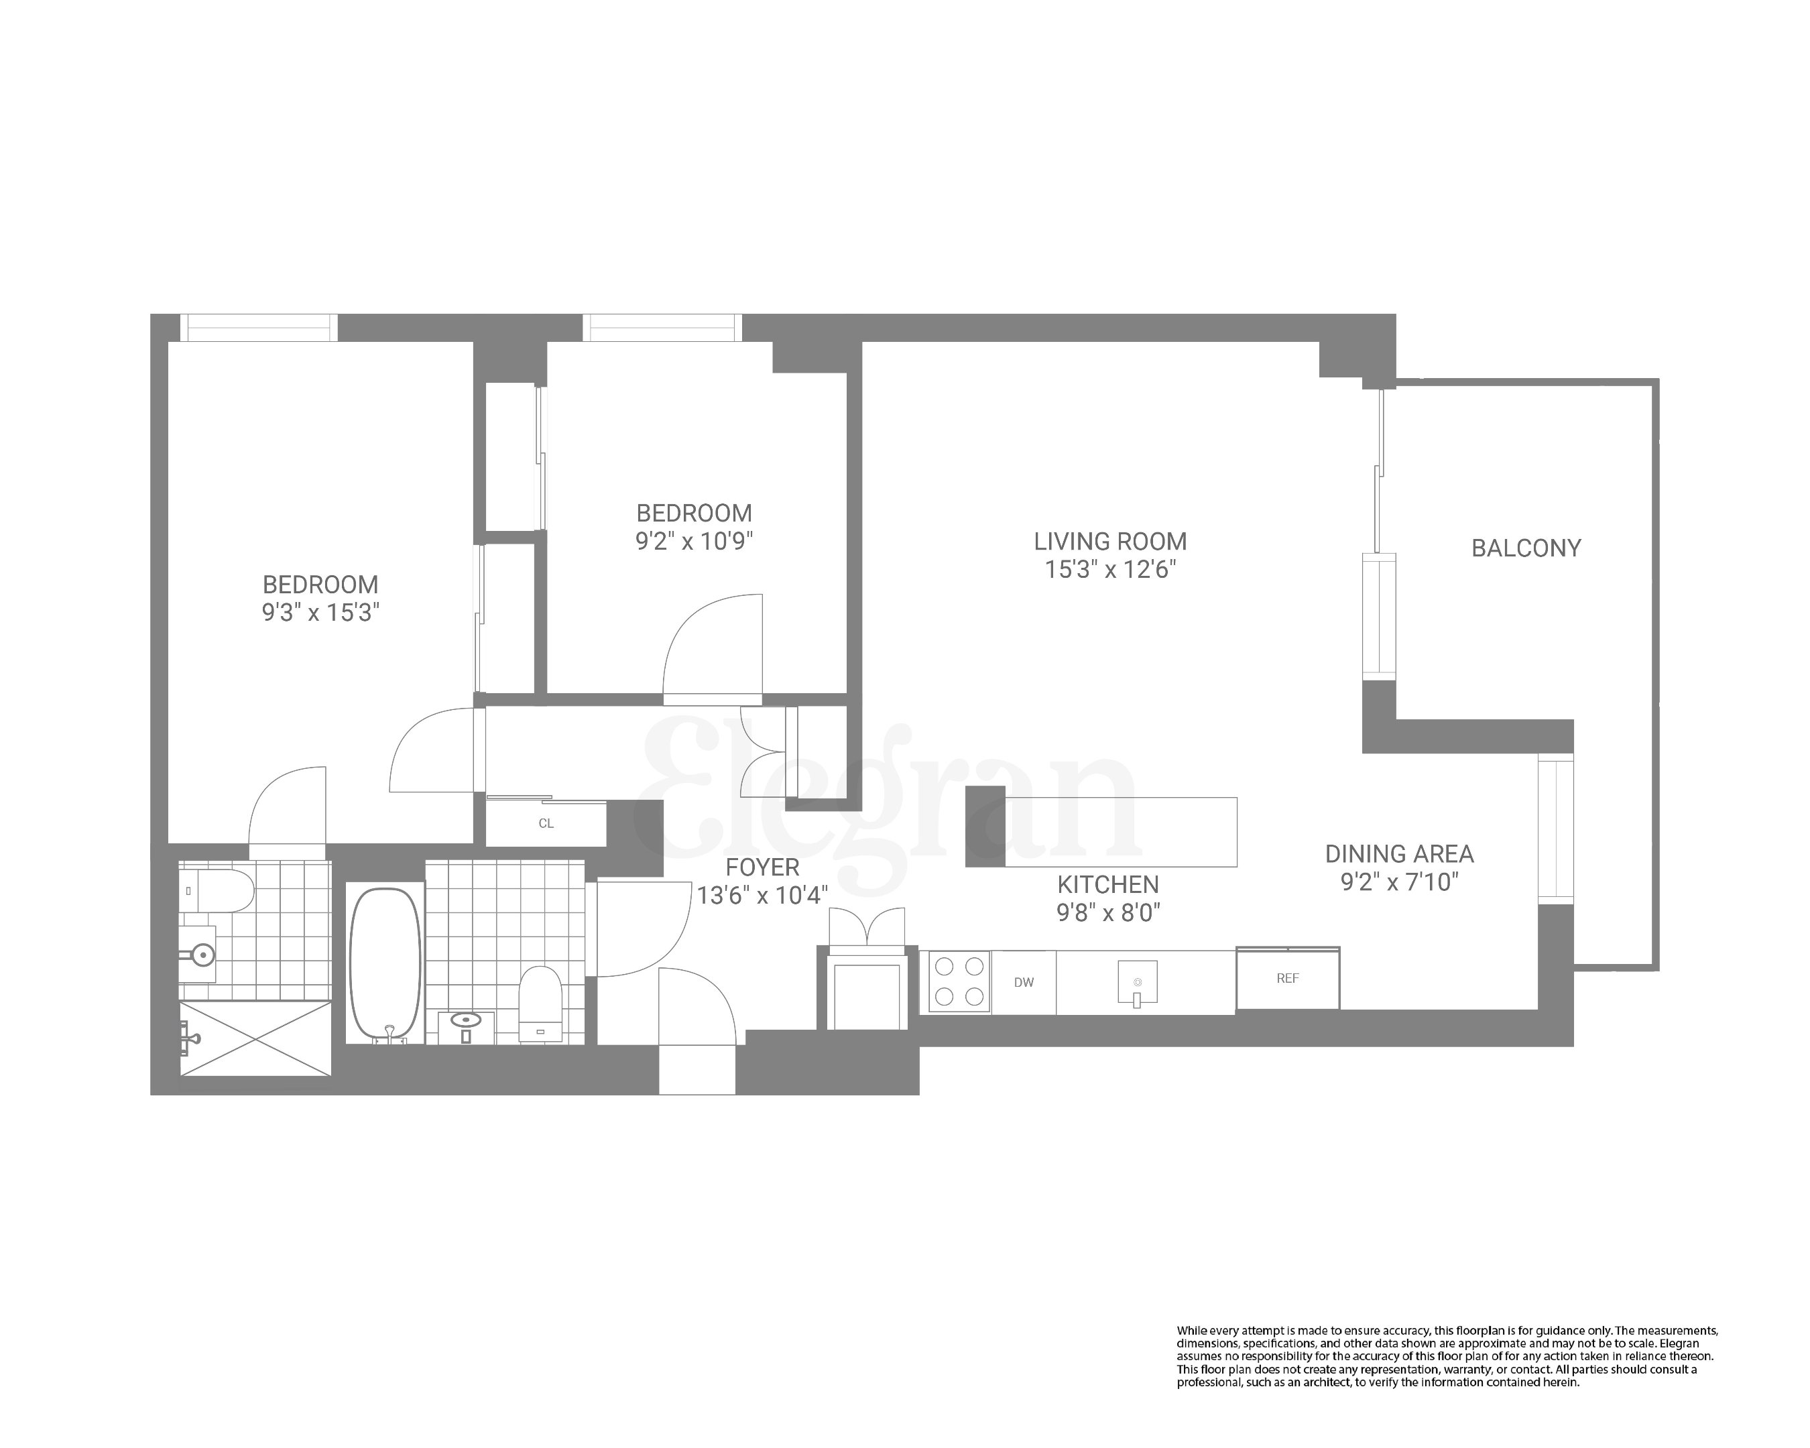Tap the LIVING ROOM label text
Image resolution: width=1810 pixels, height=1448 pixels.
click(x=1110, y=542)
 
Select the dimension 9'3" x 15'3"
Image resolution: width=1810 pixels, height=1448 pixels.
click(x=320, y=613)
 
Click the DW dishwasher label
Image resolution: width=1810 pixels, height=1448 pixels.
click(x=1024, y=982)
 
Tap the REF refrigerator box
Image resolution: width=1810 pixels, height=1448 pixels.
click(x=1287, y=979)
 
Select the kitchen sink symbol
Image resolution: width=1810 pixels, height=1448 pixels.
click(x=1137, y=983)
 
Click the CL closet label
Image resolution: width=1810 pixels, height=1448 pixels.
click(x=546, y=823)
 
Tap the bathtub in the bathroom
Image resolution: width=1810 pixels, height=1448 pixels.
click(x=385, y=965)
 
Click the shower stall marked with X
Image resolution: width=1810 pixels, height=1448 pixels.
click(x=256, y=1038)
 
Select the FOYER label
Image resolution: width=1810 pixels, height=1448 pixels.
click(x=762, y=867)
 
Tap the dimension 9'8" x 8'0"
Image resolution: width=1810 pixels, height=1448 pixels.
click(x=1108, y=912)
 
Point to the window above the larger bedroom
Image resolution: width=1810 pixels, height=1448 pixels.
click(x=259, y=327)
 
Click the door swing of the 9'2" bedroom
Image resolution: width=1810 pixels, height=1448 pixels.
click(x=713, y=646)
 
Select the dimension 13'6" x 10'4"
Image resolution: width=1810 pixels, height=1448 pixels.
click(x=762, y=896)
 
